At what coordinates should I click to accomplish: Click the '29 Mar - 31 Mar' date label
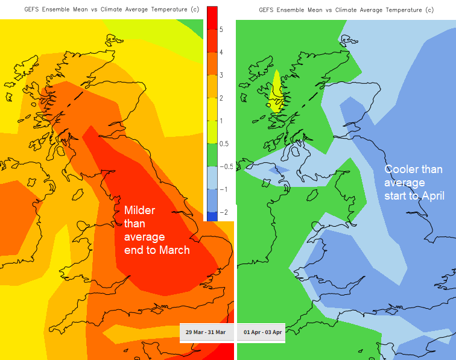point(206,332)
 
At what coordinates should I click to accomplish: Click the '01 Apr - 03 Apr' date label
point(262,332)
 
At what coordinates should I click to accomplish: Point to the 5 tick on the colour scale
point(221,30)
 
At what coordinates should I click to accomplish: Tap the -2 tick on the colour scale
point(223,212)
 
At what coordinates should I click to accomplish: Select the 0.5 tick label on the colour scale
point(224,144)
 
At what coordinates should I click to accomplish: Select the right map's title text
point(346,10)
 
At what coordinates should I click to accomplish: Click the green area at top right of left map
point(193,25)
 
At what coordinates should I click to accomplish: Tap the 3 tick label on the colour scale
point(221,75)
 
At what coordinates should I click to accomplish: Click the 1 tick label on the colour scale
point(221,121)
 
